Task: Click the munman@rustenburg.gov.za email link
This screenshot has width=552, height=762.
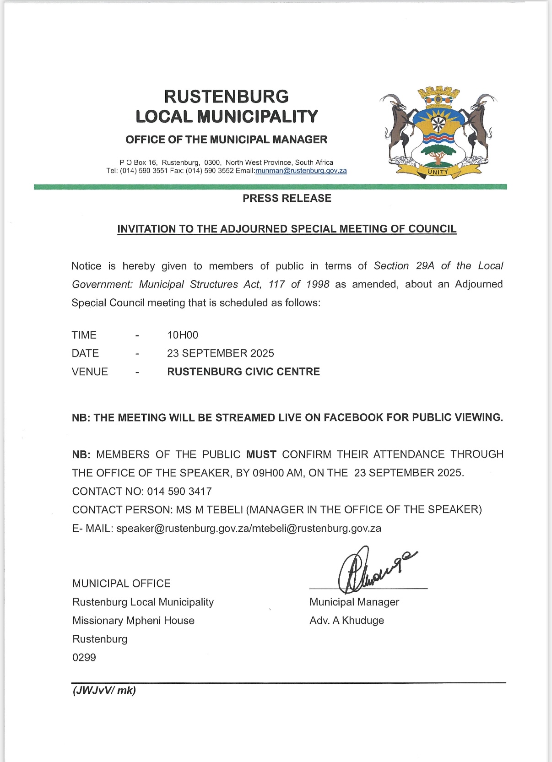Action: coord(301,171)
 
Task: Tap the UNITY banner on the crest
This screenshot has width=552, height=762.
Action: coord(438,172)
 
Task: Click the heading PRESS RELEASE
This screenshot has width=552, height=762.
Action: coord(287,198)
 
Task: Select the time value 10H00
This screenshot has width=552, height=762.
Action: coord(183,335)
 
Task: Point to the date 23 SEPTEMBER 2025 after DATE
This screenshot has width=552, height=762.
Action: coord(220,353)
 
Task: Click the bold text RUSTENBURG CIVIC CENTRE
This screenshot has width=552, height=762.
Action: coord(244,372)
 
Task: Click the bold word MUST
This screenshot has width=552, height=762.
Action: coord(261,454)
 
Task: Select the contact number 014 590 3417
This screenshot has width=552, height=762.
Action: coord(179,492)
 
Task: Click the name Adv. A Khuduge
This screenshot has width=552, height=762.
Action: coord(346,621)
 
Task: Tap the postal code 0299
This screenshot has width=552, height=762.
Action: coord(84,658)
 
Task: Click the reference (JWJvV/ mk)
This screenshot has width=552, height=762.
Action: coord(104,690)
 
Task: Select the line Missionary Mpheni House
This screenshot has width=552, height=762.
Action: coord(133,621)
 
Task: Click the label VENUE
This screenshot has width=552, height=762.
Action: coord(90,372)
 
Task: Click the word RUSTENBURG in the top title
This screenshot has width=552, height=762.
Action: coord(227,97)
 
